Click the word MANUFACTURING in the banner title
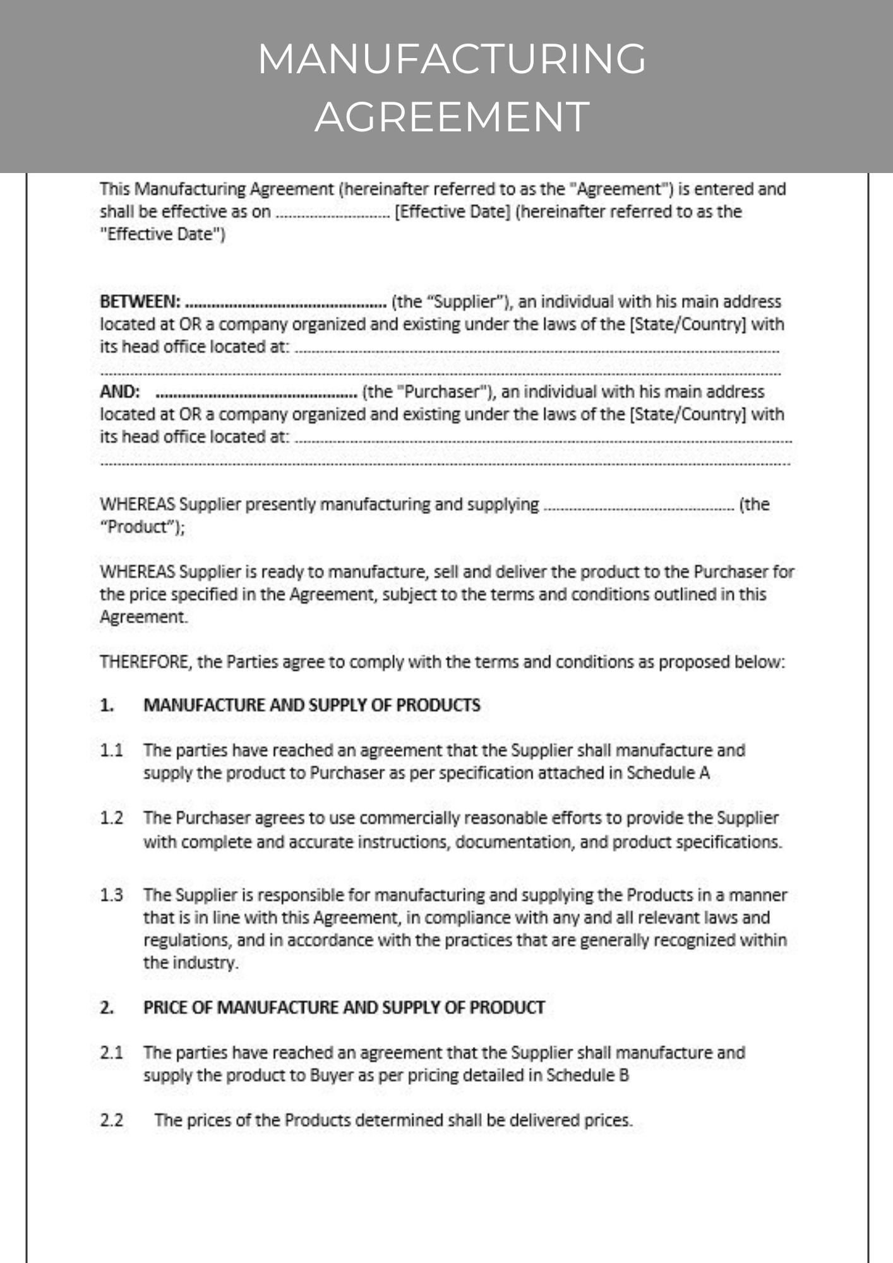click(452, 59)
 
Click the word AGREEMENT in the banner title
click(452, 117)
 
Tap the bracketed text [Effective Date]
click(452, 212)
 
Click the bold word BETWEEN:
click(140, 302)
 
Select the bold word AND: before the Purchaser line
click(119, 392)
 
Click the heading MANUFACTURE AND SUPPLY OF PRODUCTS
click(312, 705)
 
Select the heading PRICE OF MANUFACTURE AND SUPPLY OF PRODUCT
click(344, 1007)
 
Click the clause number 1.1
click(111, 751)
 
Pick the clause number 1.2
click(111, 818)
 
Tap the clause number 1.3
click(111, 895)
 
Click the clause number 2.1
click(111, 1053)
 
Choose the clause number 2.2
click(111, 1120)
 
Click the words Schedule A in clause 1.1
click(668, 773)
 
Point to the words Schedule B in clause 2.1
click(587, 1075)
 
